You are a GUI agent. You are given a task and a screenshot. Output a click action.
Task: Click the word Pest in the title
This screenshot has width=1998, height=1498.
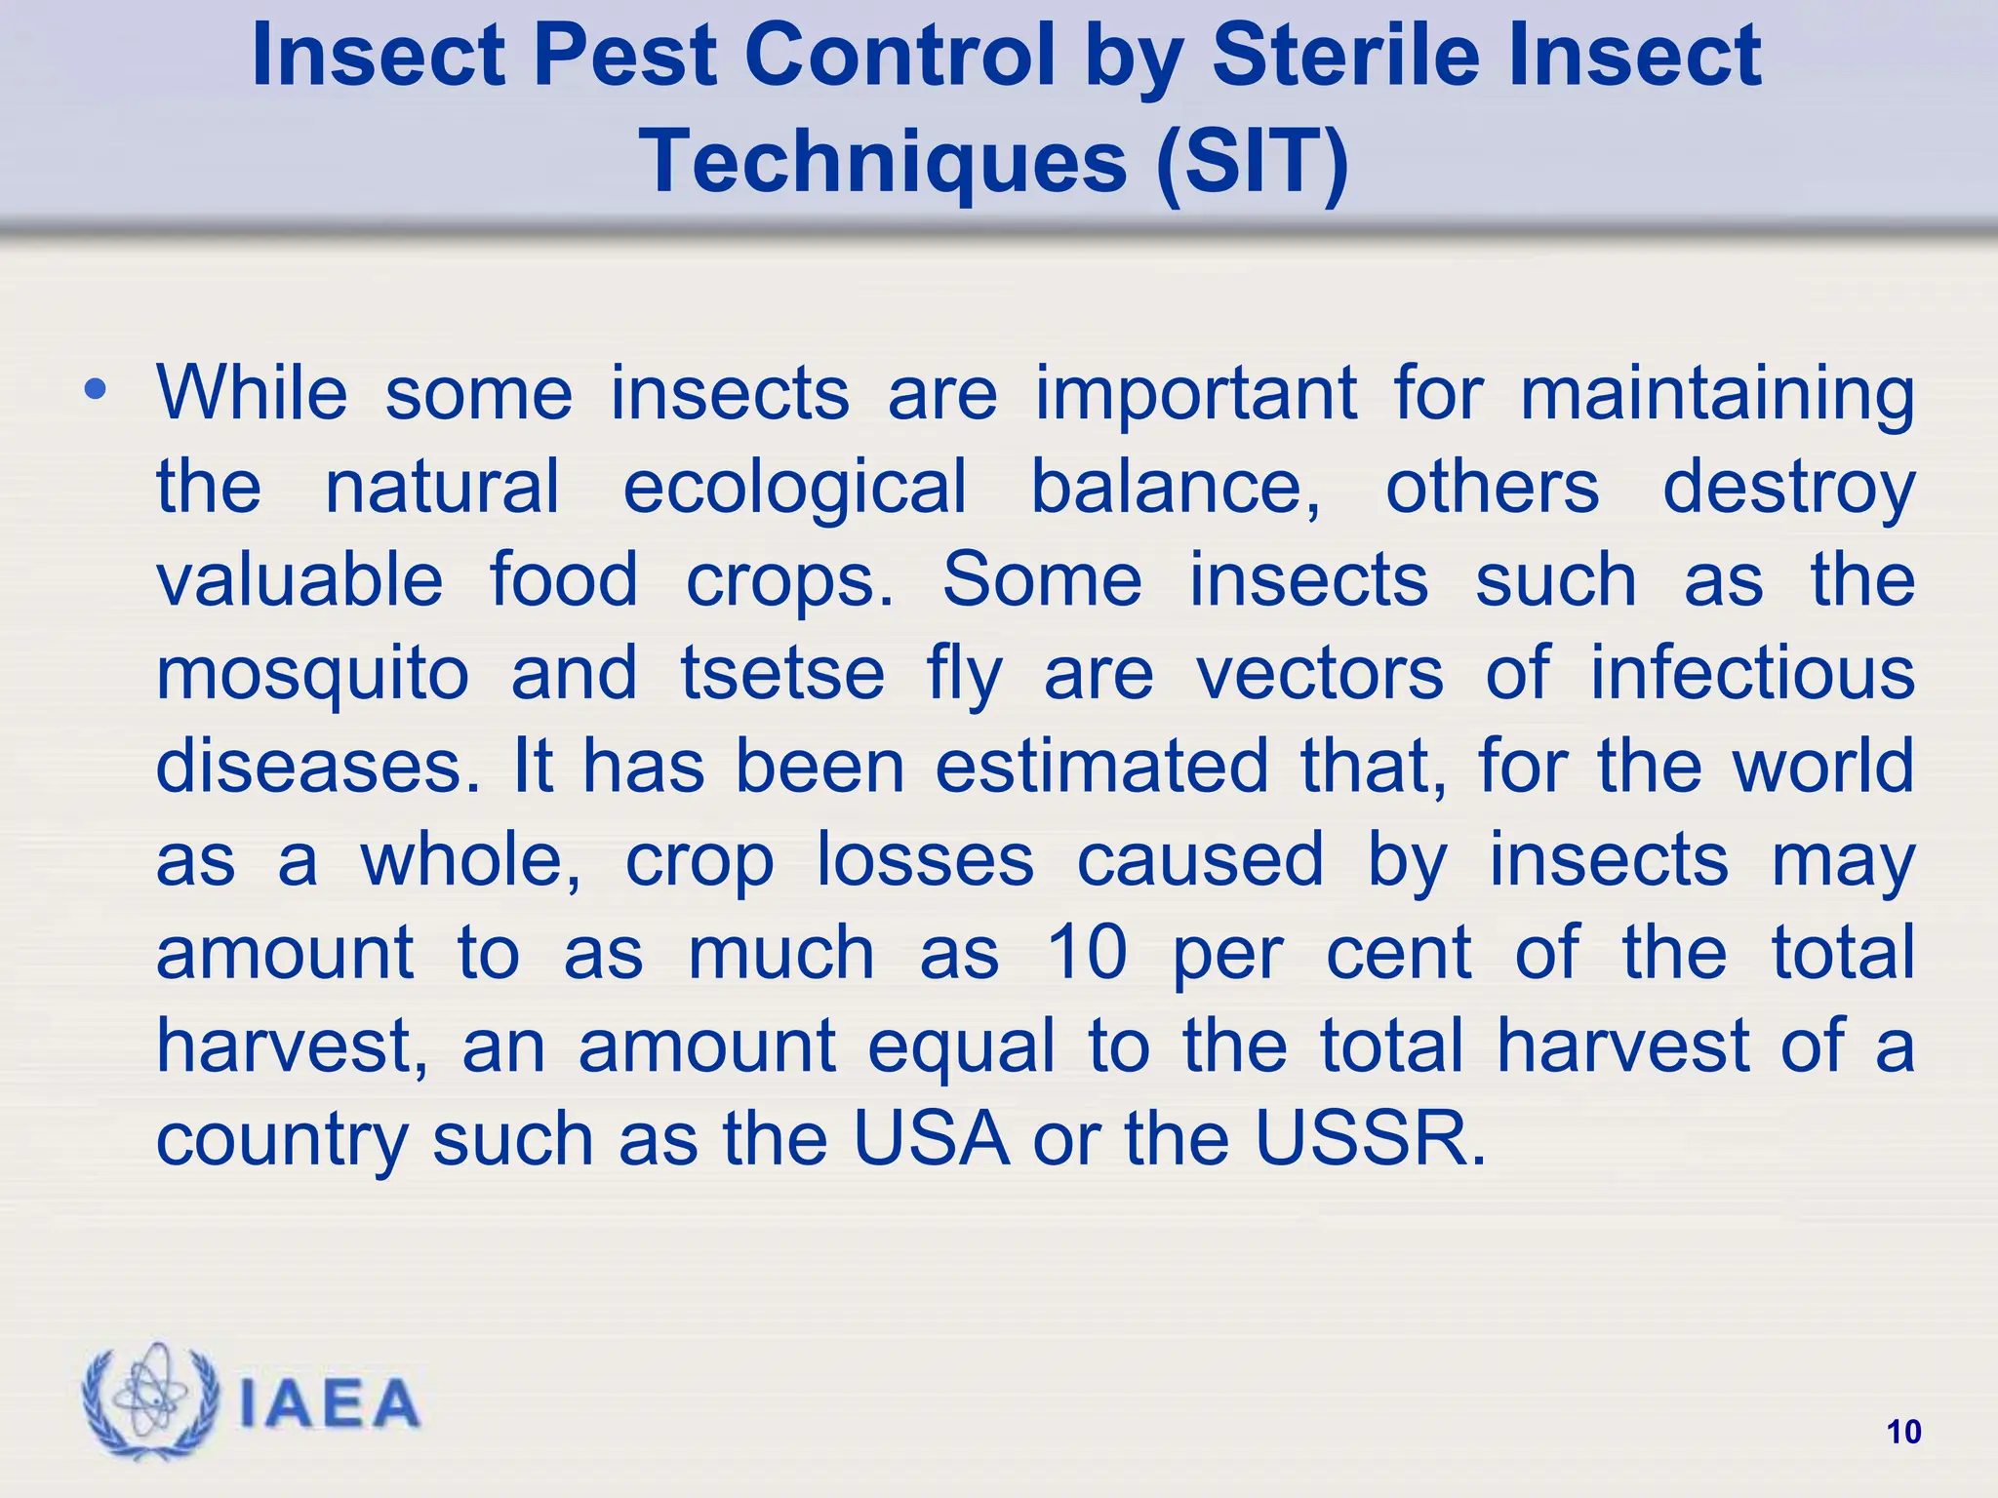point(624,56)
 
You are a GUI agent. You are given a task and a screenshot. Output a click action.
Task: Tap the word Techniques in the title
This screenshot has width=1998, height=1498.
point(883,161)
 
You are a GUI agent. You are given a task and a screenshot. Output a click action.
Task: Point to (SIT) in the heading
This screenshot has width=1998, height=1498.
point(1252,161)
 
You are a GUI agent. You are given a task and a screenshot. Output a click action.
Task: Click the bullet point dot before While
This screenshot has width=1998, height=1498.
point(95,391)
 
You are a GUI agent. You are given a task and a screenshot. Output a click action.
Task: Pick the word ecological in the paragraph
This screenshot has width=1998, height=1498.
point(795,487)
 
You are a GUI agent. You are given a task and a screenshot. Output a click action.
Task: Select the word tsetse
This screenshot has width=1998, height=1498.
point(782,673)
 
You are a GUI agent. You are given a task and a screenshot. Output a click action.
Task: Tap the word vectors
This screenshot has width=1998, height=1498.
point(1320,673)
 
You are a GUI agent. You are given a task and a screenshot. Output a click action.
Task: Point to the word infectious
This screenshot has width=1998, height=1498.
point(1753,673)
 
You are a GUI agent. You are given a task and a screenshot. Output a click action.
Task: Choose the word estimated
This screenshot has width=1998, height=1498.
point(1102,767)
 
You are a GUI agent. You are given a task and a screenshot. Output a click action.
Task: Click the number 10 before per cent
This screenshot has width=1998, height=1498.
point(1087,952)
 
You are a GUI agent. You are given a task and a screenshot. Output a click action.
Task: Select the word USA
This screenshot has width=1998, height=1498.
point(932,1138)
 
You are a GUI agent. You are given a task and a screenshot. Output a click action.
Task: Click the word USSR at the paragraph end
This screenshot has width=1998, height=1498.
point(1370,1138)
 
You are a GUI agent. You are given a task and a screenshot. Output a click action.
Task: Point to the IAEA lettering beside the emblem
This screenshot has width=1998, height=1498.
point(329,1404)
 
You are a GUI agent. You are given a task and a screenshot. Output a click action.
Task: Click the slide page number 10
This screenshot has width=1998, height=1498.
point(1903,1432)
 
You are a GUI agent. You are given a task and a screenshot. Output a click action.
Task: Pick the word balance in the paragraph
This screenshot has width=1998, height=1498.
point(1176,487)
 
